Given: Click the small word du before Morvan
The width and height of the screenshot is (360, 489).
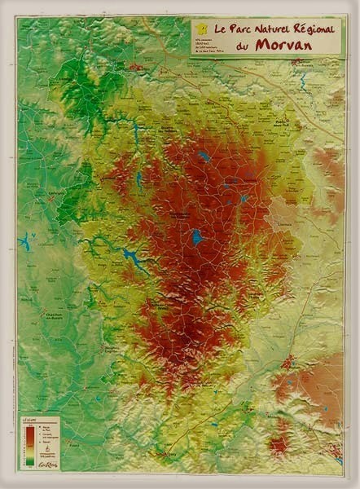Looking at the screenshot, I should pos(242,46).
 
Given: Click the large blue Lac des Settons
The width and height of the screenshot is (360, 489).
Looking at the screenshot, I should pos(196,237).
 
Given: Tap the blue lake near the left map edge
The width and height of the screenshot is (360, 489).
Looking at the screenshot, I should pos(25,242).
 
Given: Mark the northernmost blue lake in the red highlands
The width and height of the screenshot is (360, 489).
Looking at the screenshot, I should pos(204,156).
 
